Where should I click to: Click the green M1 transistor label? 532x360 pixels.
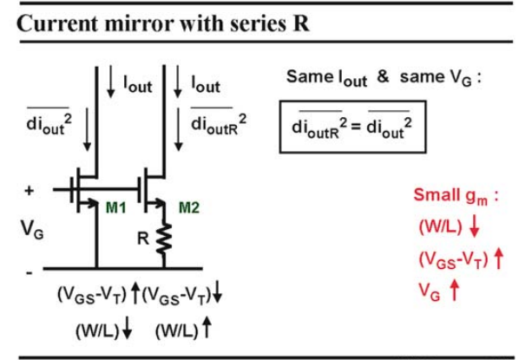pyautogui.click(x=115, y=207)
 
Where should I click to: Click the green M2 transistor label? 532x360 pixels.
pyautogui.click(x=189, y=207)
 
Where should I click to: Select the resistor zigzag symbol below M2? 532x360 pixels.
pyautogui.click(x=164, y=239)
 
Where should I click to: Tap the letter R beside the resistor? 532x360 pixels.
pyautogui.click(x=143, y=239)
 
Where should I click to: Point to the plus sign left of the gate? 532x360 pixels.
pyautogui.click(x=30, y=191)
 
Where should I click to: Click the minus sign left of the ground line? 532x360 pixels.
pyautogui.click(x=30, y=272)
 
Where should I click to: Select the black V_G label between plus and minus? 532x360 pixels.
pyautogui.click(x=32, y=230)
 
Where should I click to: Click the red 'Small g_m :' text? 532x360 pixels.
pyautogui.click(x=456, y=196)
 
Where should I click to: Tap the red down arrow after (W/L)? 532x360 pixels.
pyautogui.click(x=475, y=226)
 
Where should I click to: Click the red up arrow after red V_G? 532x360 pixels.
pyautogui.click(x=454, y=291)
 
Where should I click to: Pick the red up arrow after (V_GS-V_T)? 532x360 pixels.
pyautogui.click(x=498, y=259)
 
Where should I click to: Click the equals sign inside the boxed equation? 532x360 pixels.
pyautogui.click(x=356, y=127)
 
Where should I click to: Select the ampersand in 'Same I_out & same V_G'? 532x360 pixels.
pyautogui.click(x=383, y=76)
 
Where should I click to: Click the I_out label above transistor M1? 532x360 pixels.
pyautogui.click(x=138, y=84)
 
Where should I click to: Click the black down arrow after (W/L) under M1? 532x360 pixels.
pyautogui.click(x=127, y=329)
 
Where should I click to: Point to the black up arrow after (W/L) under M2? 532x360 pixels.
pyautogui.click(x=207, y=327)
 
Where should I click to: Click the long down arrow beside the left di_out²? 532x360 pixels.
pyautogui.click(x=87, y=129)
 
